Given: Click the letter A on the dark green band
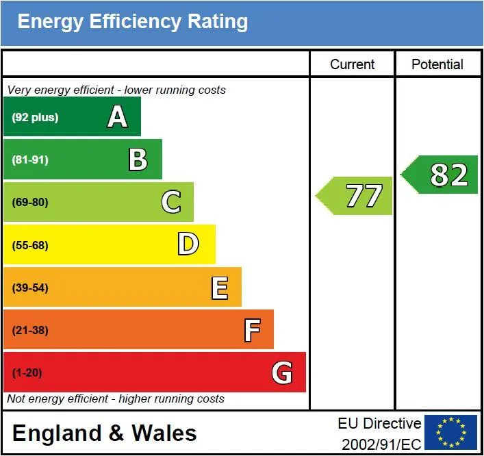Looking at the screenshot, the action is [117, 116].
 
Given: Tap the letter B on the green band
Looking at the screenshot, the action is [138, 160].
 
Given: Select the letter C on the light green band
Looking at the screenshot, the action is [171, 201].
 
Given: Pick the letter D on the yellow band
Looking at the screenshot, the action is [188, 244].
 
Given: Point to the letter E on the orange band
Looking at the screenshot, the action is [220, 288].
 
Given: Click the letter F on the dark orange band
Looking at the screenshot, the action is [252, 330].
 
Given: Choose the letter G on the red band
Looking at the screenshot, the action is [282, 372].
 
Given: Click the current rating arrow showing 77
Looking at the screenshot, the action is [354, 196].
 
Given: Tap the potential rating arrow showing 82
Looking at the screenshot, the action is [439, 175].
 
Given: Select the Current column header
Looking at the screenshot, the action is [352, 64].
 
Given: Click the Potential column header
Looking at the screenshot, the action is [437, 64].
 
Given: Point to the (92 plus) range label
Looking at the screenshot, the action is [35, 117].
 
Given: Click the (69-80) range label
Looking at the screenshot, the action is [30, 203].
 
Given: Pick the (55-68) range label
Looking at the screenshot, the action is [30, 245].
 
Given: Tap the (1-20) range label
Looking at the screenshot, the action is [27, 372].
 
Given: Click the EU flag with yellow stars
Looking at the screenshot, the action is [450, 432].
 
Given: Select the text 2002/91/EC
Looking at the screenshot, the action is [381, 444].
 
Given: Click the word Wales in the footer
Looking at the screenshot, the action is [164, 433].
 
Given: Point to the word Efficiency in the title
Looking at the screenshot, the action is [135, 22].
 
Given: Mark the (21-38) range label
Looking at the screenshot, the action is [30, 330].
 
